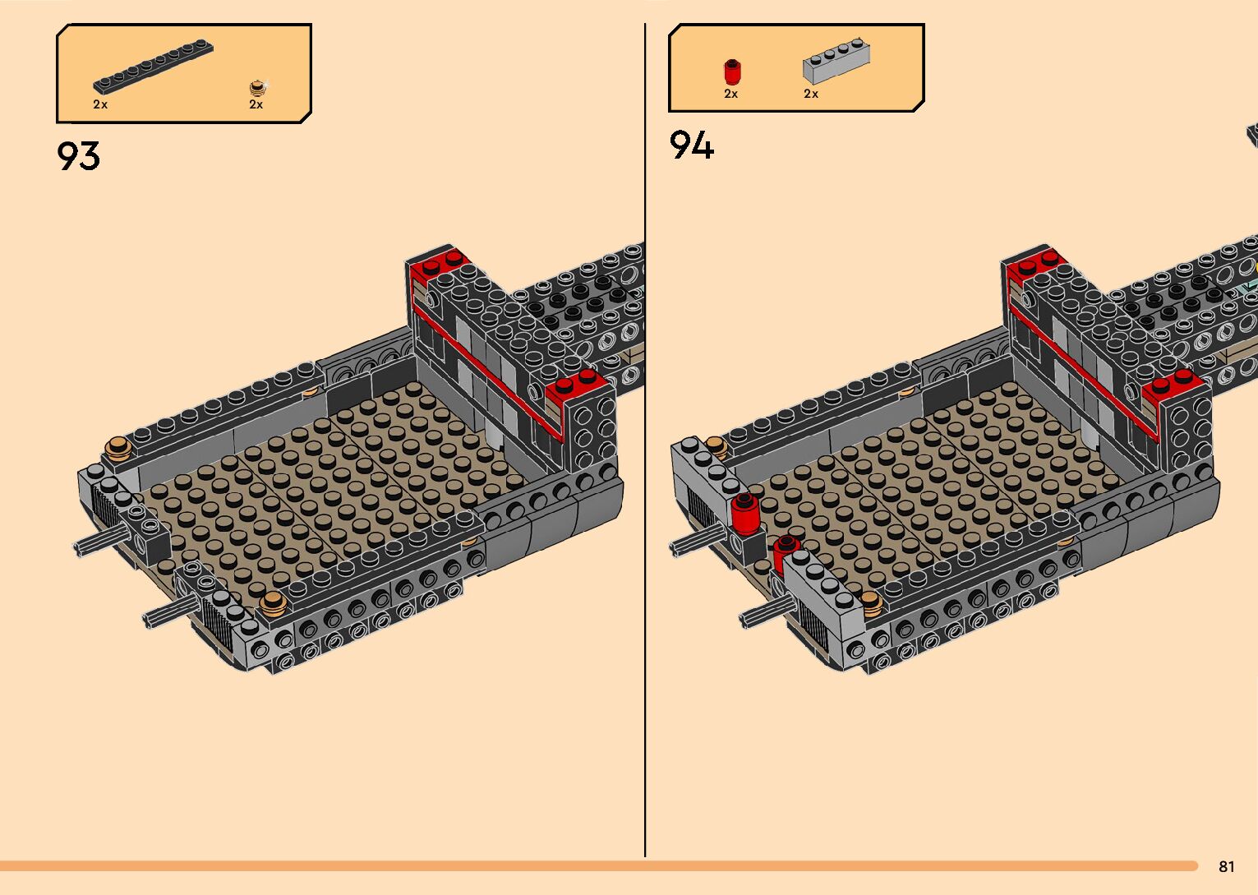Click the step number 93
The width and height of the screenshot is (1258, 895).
tap(79, 155)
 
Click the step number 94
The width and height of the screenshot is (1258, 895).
tap(691, 145)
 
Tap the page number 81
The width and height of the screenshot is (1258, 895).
tap(1227, 866)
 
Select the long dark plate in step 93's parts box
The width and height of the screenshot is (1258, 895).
tap(153, 67)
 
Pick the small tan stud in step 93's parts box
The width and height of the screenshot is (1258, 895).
tap(257, 88)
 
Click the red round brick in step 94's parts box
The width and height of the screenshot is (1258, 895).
tap(732, 72)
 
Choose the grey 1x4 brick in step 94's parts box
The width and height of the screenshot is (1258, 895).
tap(836, 61)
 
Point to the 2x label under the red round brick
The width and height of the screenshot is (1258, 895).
tap(730, 94)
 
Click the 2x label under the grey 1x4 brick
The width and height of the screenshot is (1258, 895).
tap(811, 94)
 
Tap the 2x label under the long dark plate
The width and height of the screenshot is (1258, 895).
tap(100, 104)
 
